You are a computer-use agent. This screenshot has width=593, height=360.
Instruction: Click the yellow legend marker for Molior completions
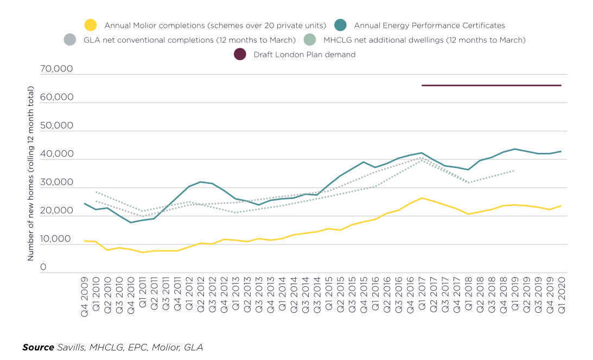click(91, 25)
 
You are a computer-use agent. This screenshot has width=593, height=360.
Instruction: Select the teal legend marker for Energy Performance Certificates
click(340, 25)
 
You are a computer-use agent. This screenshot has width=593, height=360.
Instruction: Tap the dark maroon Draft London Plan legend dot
click(240, 54)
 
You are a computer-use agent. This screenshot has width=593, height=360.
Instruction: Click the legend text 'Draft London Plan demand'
click(304, 54)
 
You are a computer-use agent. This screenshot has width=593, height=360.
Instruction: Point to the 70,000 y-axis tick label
click(56, 69)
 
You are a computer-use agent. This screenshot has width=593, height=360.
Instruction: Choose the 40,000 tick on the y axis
click(56, 155)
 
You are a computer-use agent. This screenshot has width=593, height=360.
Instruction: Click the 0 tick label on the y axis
click(43, 267)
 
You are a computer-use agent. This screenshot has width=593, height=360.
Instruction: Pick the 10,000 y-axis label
click(56, 239)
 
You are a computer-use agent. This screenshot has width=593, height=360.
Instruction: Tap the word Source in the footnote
click(38, 347)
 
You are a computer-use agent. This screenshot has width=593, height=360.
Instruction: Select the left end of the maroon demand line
click(422, 85)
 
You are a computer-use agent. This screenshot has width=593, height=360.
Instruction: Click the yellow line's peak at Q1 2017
click(422, 198)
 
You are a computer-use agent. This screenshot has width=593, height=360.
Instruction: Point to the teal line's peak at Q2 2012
click(201, 182)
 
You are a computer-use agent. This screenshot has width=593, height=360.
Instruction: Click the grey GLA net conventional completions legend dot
click(70, 40)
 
